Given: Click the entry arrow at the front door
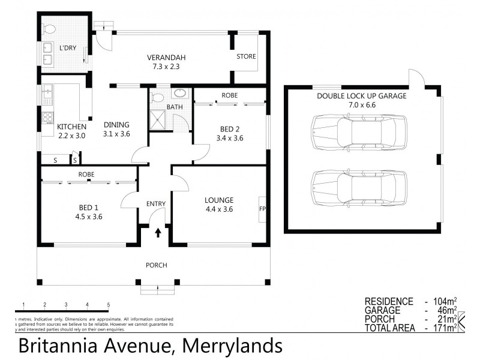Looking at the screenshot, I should point(158,232).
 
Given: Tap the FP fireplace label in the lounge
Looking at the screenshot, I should point(262,209).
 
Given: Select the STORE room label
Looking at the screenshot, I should point(246,57).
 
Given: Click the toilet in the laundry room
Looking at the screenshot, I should point(50,27).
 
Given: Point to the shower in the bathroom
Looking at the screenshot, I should point(159,118).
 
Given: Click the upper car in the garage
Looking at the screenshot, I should point(358,131).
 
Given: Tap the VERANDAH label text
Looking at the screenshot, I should point(166,58).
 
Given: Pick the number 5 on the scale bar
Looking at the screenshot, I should point(109,305).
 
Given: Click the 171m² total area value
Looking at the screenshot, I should point(443,328).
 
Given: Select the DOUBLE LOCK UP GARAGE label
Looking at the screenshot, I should point(361,95).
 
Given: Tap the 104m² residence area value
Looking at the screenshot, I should point(443,301).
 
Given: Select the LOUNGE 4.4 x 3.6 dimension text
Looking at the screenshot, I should point(218,209).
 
